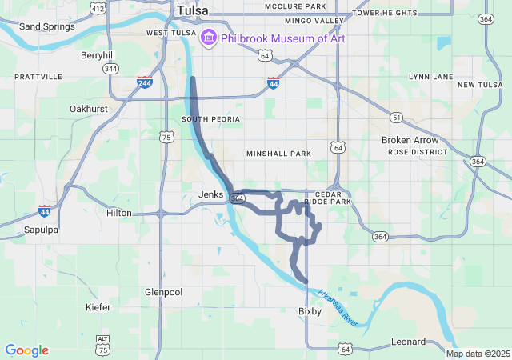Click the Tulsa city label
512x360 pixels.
tap(192, 10)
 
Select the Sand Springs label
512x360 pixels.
tap(46, 26)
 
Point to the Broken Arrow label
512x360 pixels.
tap(410, 140)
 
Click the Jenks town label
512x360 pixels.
tap(211, 194)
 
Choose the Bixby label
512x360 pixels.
tap(310, 311)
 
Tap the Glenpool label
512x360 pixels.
tap(164, 292)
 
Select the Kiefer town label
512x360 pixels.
tap(98, 307)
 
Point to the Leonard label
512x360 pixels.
tap(408, 342)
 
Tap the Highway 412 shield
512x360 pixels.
tap(98, 8)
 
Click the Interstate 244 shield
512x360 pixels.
tap(145, 82)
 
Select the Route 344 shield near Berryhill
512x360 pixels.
tap(111, 70)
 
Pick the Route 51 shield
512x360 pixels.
tap(397, 118)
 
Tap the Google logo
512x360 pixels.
tap(26, 350)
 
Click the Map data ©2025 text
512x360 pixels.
tap(477, 354)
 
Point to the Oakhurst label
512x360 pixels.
tap(88, 108)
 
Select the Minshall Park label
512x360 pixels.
tap(278, 153)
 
